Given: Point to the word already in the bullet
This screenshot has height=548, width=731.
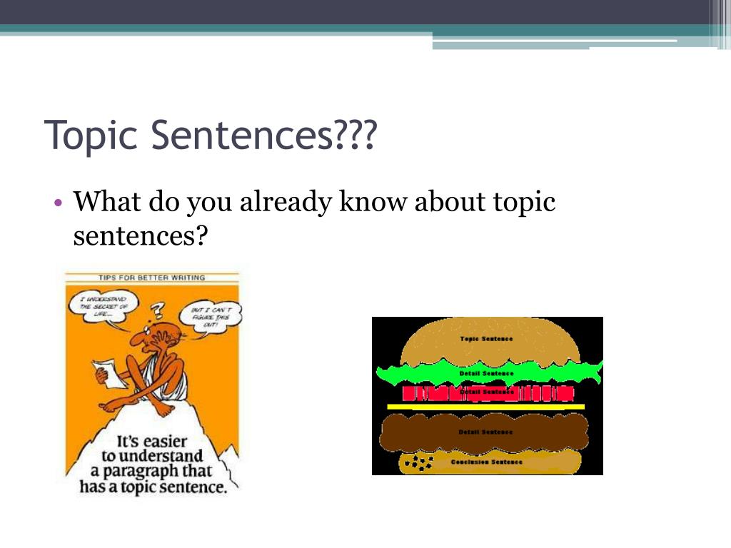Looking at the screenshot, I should coord(286,203).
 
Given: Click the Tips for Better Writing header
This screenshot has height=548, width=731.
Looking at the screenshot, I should coord(152,277).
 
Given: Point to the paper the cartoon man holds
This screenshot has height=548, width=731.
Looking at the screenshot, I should coord(106,371).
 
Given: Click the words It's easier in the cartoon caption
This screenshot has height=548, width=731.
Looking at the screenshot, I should coord(153,440).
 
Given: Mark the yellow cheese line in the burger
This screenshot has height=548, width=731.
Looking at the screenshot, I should coord(485,407).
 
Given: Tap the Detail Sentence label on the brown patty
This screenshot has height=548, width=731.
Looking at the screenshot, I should coord(487,432).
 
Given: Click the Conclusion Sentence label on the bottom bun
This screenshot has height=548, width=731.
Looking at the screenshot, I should coord(487,462).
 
